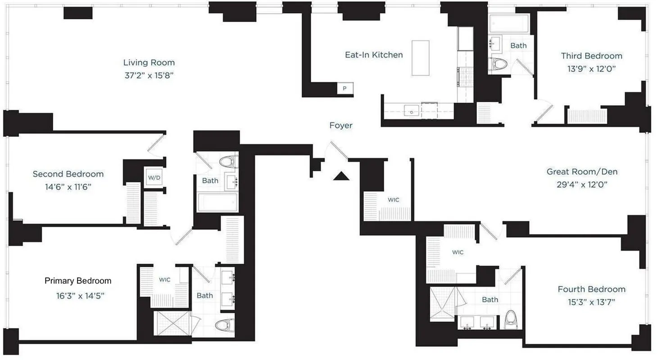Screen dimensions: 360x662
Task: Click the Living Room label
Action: tap(149, 63)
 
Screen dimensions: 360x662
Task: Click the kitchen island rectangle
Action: tap(420, 58)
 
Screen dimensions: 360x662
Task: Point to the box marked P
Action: tap(345, 89)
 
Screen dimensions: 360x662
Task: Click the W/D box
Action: tap(154, 178)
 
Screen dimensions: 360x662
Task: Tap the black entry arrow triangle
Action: tap(341, 176)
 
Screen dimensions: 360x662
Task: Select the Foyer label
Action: tap(341, 126)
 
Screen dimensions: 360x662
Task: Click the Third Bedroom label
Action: tap(591, 56)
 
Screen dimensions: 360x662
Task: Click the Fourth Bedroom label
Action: tap(591, 289)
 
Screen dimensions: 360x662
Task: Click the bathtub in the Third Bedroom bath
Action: tap(508, 23)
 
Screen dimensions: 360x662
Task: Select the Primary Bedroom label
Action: tap(78, 281)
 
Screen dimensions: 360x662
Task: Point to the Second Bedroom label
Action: tap(68, 174)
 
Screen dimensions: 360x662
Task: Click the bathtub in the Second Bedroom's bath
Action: tap(218, 203)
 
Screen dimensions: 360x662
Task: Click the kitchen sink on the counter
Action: tap(412, 110)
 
